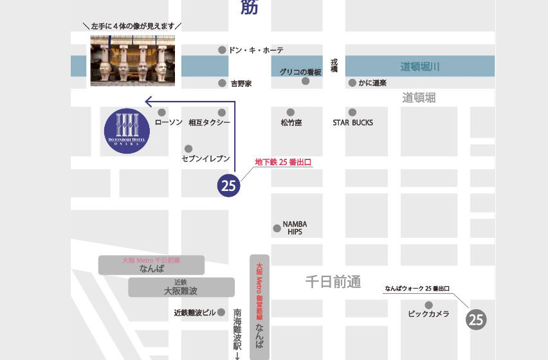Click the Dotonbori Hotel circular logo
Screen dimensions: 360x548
point(127,130)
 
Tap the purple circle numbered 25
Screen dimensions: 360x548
point(228,185)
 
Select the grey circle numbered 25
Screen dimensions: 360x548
point(476,319)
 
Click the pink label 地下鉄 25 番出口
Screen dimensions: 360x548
point(283,163)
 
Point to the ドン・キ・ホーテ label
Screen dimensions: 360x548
point(255,50)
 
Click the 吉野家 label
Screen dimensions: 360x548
point(241,84)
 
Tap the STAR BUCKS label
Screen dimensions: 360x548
point(352,122)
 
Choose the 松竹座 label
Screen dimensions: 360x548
point(291,122)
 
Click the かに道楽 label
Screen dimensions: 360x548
point(372,84)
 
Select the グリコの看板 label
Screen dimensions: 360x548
point(300,72)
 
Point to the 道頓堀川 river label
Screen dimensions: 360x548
point(420,67)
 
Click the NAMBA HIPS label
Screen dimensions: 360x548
point(295,228)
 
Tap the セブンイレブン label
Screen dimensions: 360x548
point(206,158)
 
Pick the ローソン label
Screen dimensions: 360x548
point(169,122)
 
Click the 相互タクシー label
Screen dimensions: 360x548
point(210,122)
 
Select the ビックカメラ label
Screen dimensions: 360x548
point(428,314)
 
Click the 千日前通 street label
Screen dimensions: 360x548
point(333,282)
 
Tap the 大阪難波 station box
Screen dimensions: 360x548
point(181,287)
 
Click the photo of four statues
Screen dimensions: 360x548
point(133,60)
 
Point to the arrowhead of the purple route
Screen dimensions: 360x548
point(148,101)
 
